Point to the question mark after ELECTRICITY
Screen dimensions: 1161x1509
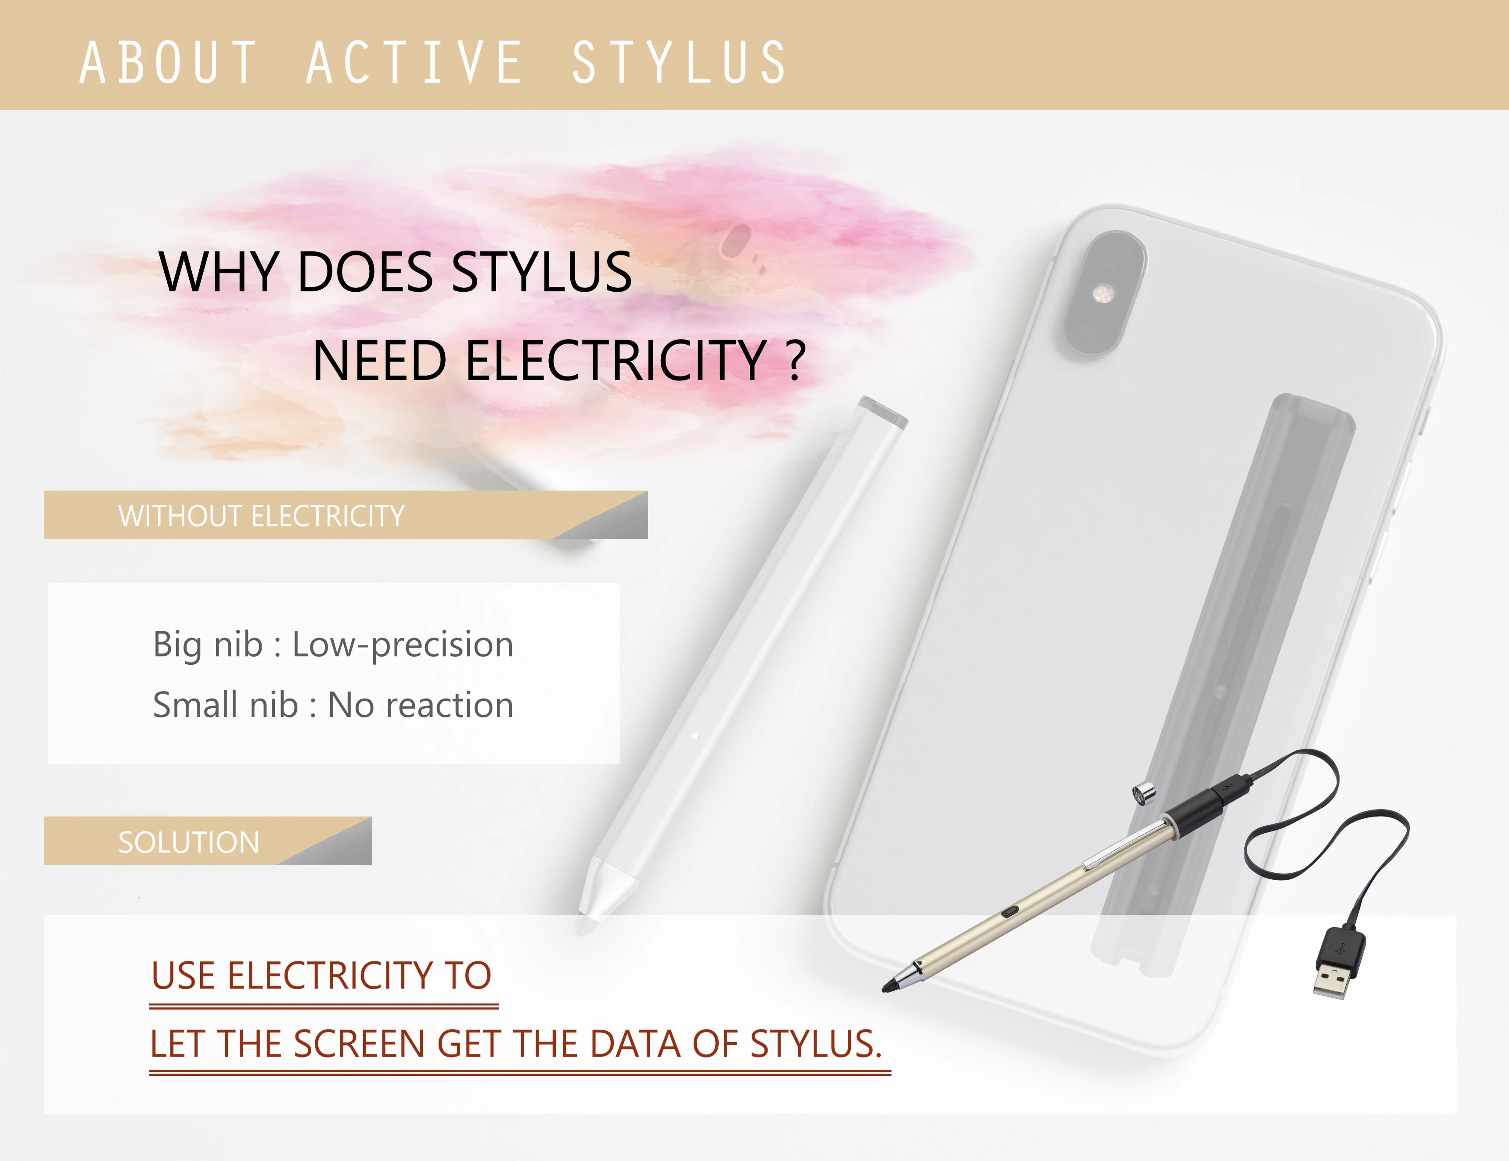tap(796, 361)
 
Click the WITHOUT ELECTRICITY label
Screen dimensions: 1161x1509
tap(261, 516)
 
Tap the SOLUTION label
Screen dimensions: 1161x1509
tap(189, 842)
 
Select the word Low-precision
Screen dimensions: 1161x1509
tap(403, 645)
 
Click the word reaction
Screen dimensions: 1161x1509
tap(449, 705)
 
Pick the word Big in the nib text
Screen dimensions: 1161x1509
tap(177, 645)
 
